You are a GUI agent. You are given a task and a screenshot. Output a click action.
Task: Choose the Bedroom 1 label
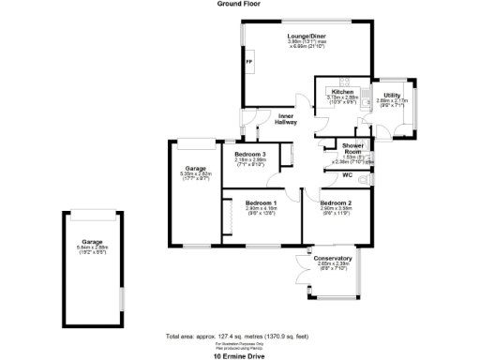click(x=261, y=202)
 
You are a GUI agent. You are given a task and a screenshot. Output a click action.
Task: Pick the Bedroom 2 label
click(x=335, y=202)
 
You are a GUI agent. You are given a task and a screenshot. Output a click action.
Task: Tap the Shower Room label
click(x=353, y=148)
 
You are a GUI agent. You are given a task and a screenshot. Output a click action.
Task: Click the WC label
click(x=346, y=175)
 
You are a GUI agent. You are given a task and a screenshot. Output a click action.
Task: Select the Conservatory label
click(x=333, y=258)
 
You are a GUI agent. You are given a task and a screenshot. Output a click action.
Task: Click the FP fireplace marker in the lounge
click(x=248, y=62)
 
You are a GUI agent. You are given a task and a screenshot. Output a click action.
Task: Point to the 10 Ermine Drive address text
click(x=240, y=355)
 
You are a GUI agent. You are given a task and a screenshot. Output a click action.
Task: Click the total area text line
click(x=239, y=335)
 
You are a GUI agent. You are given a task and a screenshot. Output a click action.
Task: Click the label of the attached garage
click(x=195, y=169)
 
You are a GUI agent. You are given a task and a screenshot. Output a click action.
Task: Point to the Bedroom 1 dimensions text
click(x=261, y=209)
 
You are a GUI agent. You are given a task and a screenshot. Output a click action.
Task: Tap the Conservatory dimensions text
click(x=333, y=264)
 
